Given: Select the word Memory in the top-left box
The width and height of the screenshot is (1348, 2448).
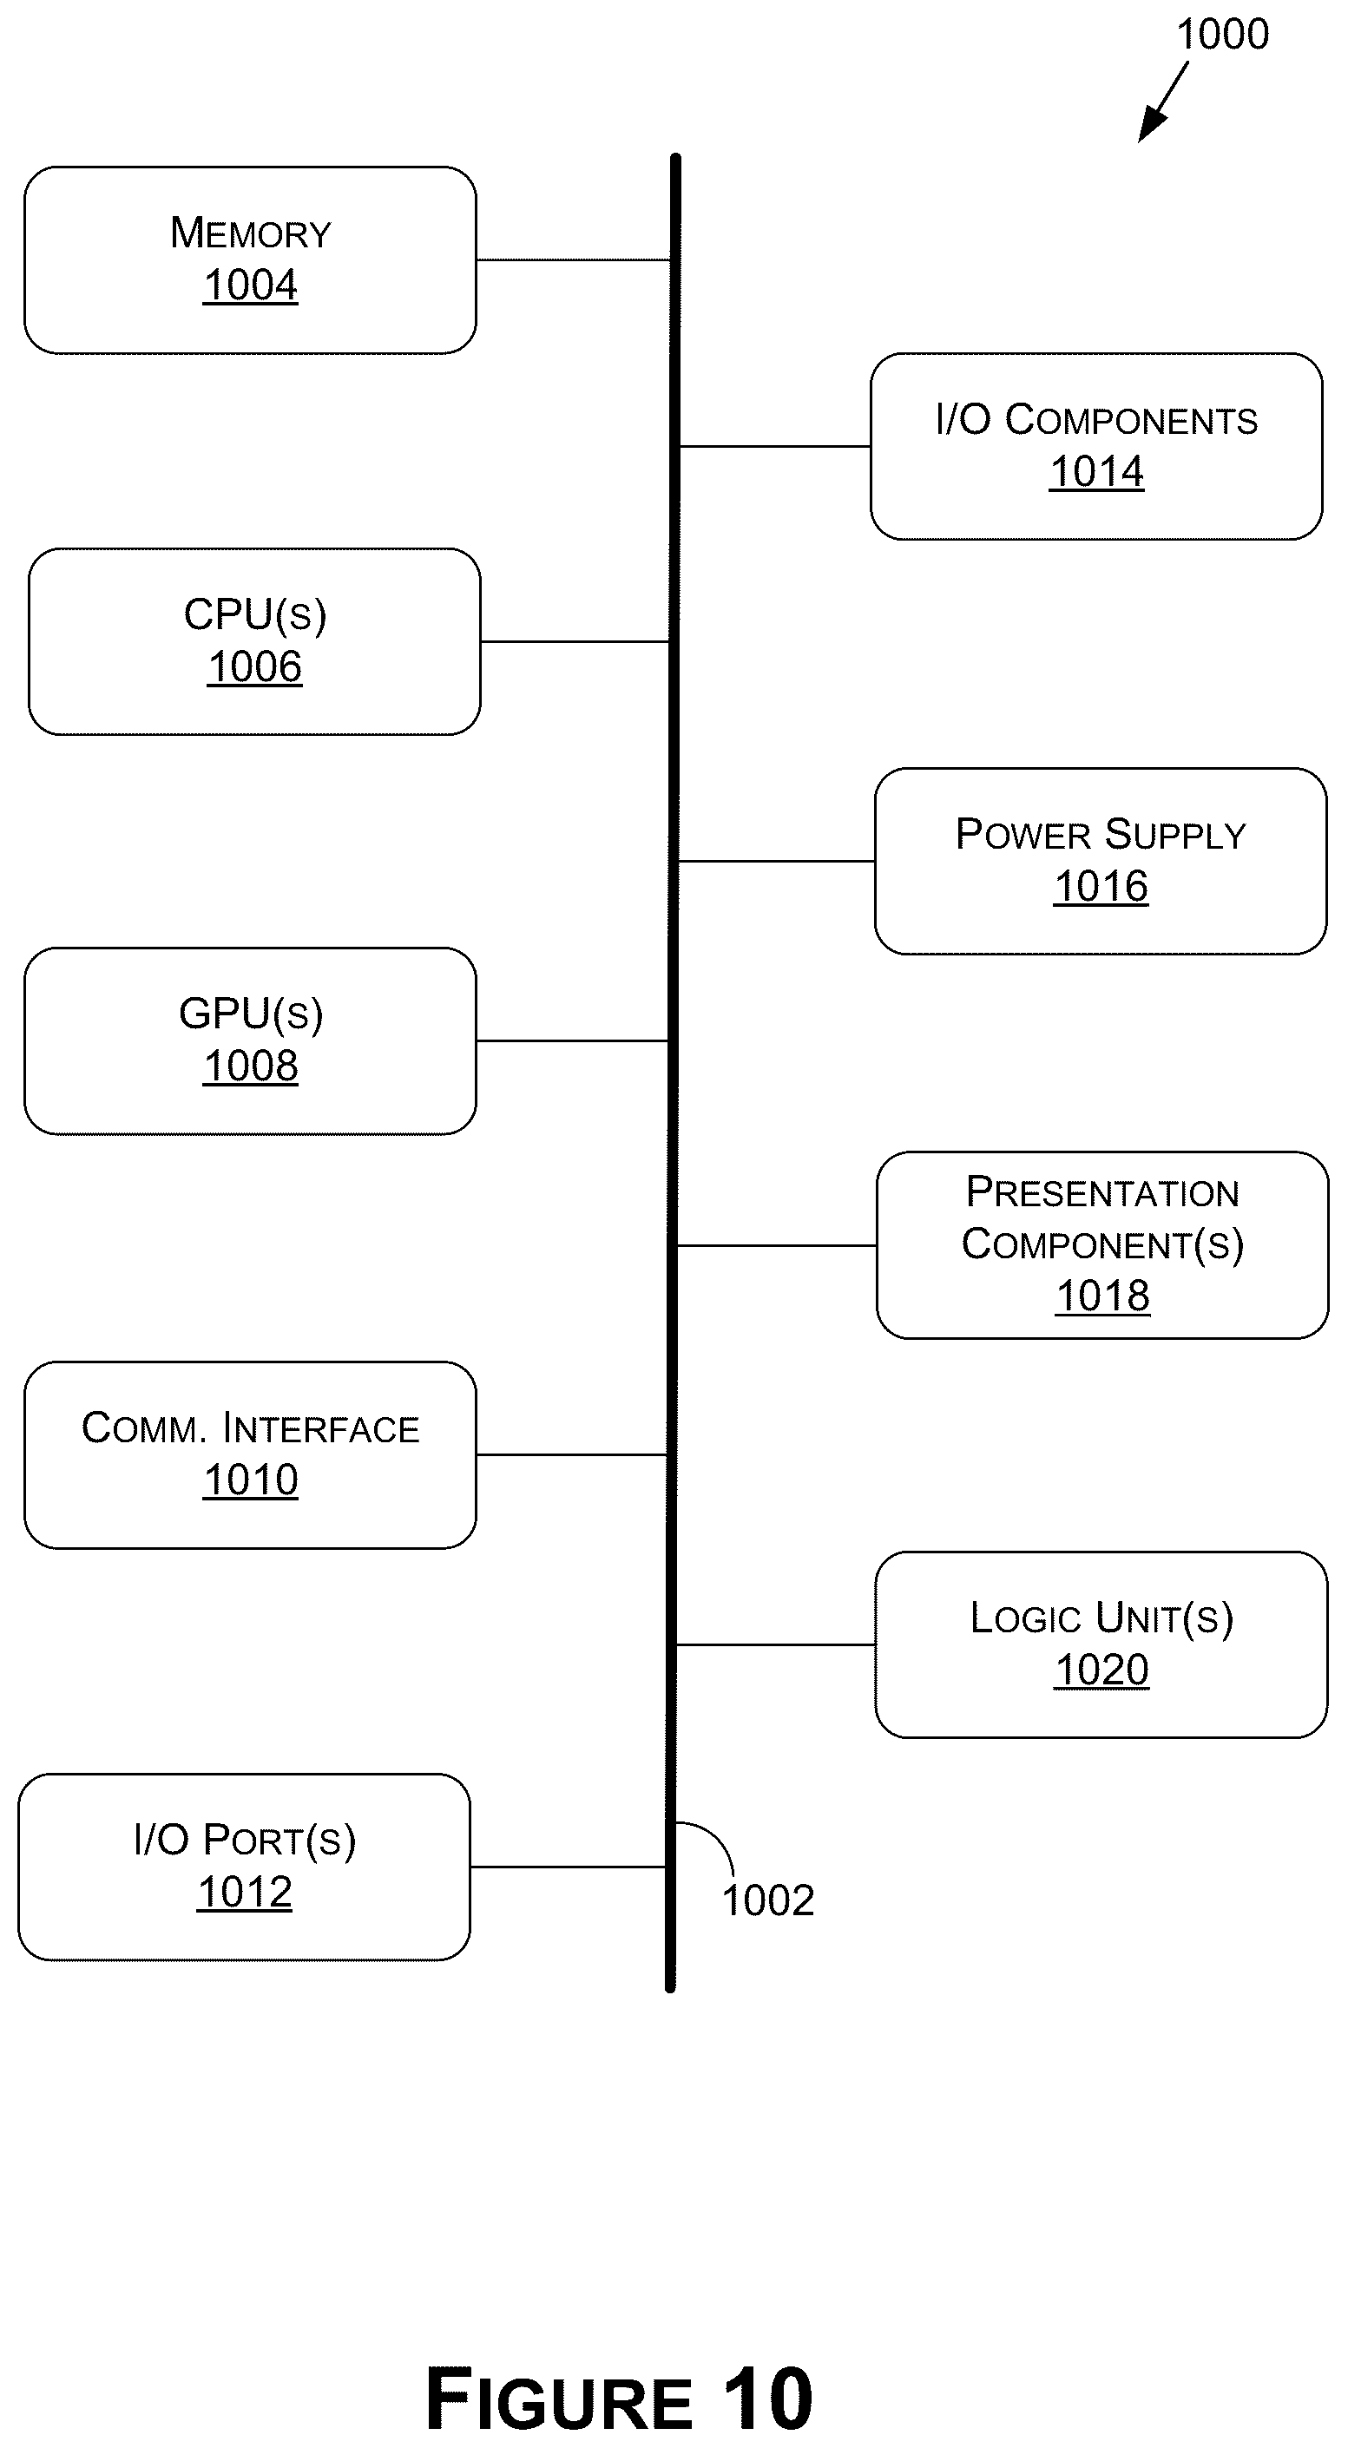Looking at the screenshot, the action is coord(251,233).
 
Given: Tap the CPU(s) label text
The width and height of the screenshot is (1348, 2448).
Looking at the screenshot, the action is coord(255,615).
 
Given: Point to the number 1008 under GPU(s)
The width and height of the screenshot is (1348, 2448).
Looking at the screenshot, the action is coord(250,1066).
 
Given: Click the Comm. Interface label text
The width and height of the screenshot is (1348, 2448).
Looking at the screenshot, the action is coord(250,1427).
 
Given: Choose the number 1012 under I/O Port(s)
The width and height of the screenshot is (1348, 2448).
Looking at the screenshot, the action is coord(244,1892).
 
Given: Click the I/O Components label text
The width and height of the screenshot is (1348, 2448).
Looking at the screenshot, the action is coord(1096,419).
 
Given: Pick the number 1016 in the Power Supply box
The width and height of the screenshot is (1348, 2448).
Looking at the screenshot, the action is coord(1101,887).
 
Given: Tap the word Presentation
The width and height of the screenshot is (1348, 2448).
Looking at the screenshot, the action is coord(1102,1191).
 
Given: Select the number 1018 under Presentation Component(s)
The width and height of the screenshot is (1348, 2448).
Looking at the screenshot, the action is coord(1102,1296).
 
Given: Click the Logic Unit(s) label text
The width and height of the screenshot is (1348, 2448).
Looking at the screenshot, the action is coord(1101,1618).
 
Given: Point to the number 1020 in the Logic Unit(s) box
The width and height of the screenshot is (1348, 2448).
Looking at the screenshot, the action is coord(1101,1670).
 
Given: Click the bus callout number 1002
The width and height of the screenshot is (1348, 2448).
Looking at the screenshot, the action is coord(768,1900).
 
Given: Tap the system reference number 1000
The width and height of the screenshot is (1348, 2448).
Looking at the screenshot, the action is coord(1222,34).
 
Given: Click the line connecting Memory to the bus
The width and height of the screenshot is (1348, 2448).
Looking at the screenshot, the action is coord(573,259).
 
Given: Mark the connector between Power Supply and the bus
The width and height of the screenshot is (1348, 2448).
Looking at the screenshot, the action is coord(776,861).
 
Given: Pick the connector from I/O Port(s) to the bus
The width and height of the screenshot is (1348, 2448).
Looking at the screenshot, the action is coord(569,1867).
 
